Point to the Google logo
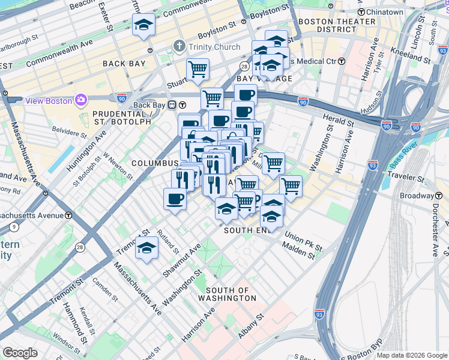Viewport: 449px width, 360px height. (x=20, y=353)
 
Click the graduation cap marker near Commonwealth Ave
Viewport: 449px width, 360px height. (x=143, y=25)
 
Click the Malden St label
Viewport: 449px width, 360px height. (x=299, y=255)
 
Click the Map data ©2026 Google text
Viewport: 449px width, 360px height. (x=411, y=355)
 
